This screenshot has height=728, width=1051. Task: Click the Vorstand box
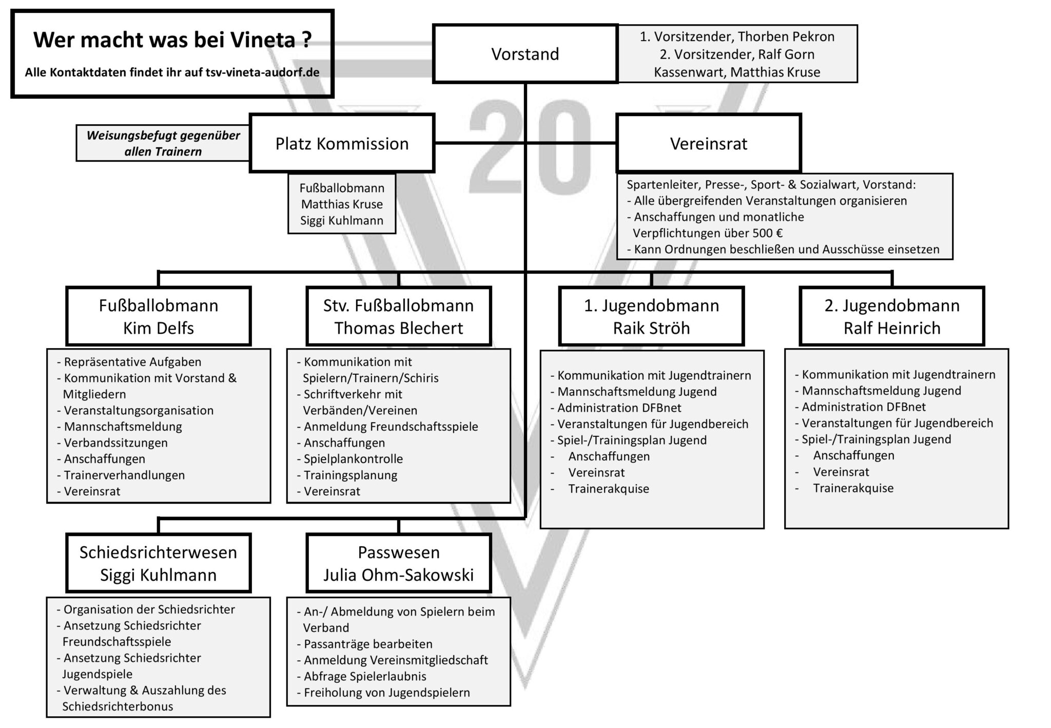tap(525, 53)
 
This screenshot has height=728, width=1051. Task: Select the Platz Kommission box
tap(342, 143)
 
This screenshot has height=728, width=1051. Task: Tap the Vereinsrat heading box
tap(708, 143)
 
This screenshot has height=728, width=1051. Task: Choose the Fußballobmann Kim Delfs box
tap(158, 316)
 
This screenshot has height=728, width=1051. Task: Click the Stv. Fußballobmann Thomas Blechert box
tap(398, 316)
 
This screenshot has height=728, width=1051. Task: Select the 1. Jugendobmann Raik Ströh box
tap(651, 316)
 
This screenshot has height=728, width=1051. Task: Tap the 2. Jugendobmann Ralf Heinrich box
tap(892, 316)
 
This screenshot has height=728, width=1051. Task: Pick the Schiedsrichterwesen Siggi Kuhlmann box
tap(158, 563)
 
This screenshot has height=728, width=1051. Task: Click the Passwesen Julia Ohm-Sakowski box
tap(398, 563)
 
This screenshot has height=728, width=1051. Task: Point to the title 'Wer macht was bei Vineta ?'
tap(172, 40)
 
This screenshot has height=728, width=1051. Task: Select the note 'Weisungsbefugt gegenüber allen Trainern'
tap(163, 143)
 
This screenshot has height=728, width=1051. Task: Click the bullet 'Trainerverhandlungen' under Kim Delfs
tap(124, 475)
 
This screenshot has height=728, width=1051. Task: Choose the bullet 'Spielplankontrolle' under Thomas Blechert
tap(353, 458)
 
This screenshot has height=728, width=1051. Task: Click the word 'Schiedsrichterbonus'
tap(118, 706)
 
